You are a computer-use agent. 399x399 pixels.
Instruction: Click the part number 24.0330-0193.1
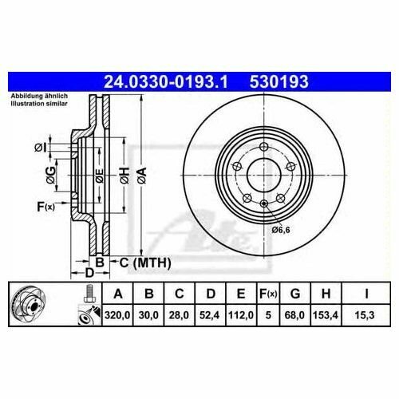point(165,81)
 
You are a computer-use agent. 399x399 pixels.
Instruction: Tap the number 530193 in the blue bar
point(279,81)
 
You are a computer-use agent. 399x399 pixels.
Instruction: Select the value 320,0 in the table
point(117,315)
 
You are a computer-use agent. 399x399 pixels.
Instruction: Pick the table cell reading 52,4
point(210,315)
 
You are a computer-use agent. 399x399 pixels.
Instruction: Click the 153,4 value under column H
point(326,315)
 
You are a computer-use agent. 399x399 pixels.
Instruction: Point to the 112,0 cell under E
point(241,315)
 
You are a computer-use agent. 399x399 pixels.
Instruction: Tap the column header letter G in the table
point(295,294)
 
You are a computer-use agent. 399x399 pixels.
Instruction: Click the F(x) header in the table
point(268,294)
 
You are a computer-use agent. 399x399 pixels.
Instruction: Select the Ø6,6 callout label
point(281,230)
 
